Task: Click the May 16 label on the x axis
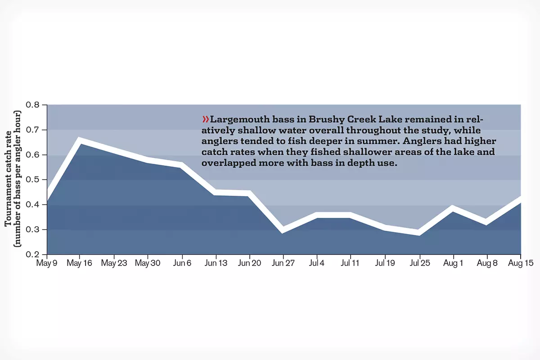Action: click(x=80, y=263)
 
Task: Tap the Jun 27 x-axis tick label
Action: click(x=283, y=263)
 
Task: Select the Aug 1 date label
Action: click(x=453, y=263)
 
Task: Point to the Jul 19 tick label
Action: click(x=385, y=263)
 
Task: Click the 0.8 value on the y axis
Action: click(x=34, y=105)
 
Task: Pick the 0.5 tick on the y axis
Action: click(x=34, y=180)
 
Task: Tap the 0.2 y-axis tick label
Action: click(x=34, y=255)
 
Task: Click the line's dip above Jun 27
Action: click(x=283, y=229)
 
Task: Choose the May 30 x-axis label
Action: click(x=148, y=263)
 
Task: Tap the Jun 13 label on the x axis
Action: click(x=216, y=263)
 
